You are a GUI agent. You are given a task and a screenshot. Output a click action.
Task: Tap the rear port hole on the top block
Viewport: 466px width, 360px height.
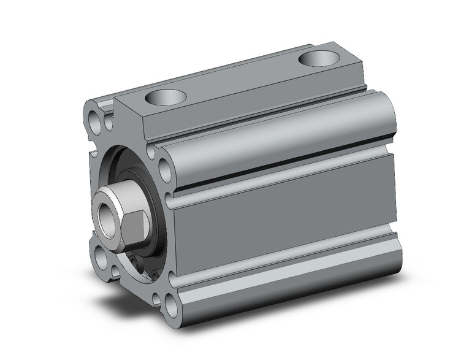coord(319,60)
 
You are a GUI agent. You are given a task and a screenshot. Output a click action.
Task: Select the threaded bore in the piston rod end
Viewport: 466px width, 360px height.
coord(109,215)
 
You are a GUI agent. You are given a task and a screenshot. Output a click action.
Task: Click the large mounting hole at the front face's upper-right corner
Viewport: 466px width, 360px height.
coord(164,167)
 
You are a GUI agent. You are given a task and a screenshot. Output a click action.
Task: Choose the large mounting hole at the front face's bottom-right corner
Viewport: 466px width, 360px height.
coord(169,303)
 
